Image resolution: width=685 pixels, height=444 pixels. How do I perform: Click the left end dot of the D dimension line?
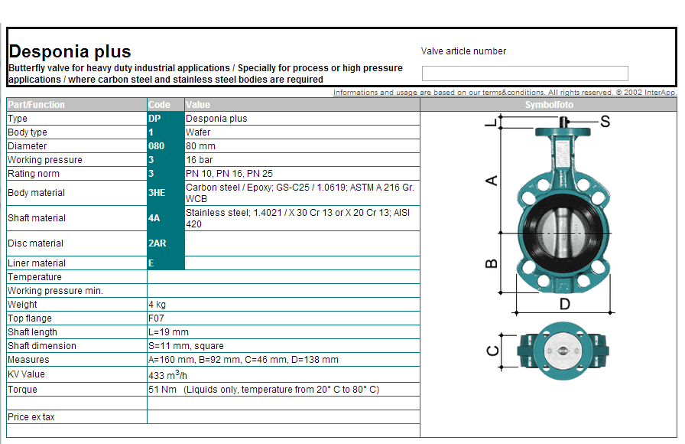(516, 313)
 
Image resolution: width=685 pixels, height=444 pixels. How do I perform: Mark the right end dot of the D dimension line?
(610, 313)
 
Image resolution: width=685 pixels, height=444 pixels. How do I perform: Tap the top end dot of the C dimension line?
(502, 335)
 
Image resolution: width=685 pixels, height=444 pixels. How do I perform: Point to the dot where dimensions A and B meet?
(501, 233)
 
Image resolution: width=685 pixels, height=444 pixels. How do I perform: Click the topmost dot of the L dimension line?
(501, 116)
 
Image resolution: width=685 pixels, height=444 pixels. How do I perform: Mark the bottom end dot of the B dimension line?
(501, 292)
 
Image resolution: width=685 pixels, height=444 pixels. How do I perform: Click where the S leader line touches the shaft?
(567, 121)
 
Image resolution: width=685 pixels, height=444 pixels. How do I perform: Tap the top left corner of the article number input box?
(422, 66)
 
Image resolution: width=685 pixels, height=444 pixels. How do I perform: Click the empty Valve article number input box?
(525, 73)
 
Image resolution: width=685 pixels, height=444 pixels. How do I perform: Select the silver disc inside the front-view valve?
(563, 233)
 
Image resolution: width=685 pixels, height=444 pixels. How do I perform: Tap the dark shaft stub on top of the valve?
(563, 122)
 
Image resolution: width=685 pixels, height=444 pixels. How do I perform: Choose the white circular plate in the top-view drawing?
(563, 351)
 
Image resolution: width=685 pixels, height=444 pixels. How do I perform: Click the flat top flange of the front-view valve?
(563, 131)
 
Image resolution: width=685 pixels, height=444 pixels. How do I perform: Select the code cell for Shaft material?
(166, 218)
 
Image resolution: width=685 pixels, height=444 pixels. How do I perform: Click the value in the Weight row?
(157, 305)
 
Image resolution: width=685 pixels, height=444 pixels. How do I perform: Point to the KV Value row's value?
(167, 375)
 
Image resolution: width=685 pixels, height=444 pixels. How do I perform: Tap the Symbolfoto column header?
(549, 105)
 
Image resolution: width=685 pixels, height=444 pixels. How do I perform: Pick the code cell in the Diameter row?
(166, 146)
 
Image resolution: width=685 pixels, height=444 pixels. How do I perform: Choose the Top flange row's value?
(157, 318)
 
